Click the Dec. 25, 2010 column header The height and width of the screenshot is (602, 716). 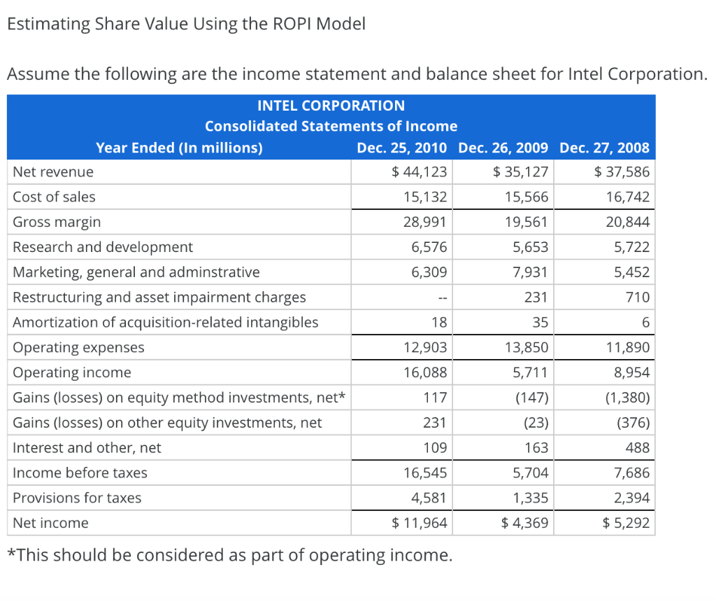[x=403, y=148]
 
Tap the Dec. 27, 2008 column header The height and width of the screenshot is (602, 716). [x=605, y=148]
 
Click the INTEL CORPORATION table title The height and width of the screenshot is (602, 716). [x=331, y=106]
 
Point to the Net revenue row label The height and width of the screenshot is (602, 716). [x=53, y=172]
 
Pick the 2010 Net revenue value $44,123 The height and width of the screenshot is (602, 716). [x=420, y=172]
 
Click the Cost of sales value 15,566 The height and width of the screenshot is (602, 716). [x=527, y=197]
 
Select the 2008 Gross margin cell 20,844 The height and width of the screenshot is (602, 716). [x=628, y=223]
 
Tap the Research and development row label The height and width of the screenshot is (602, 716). [x=103, y=247]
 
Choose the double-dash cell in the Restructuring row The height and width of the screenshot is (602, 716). [x=441, y=298]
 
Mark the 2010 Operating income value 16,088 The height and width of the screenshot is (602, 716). [x=425, y=372]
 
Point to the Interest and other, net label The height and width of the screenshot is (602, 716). [x=87, y=448]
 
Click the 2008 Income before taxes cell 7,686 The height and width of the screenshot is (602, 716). [x=632, y=473]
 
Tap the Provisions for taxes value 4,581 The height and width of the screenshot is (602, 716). [x=429, y=498]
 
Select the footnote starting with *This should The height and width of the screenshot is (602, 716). [x=229, y=556]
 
